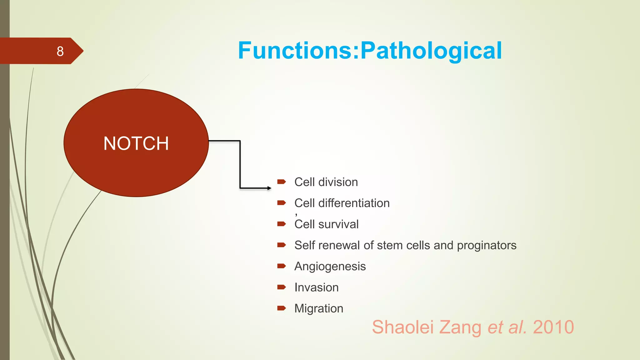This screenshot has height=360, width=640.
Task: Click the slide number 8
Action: click(x=60, y=51)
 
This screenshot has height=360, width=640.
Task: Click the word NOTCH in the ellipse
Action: click(x=136, y=143)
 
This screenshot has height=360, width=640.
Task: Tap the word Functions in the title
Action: click(x=295, y=51)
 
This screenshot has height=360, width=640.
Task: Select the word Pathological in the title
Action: click(x=431, y=51)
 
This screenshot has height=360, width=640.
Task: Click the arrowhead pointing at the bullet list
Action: click(x=269, y=188)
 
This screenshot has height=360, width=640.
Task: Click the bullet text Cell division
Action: click(x=326, y=182)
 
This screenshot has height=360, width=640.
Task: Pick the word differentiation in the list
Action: click(x=354, y=203)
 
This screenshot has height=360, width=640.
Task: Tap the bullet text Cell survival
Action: click(x=326, y=224)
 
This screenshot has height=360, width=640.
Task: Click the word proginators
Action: click(x=487, y=246)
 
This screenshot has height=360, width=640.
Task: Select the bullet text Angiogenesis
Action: click(x=330, y=267)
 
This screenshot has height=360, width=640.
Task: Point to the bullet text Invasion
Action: click(x=316, y=287)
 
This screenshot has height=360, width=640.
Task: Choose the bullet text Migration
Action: click(x=319, y=309)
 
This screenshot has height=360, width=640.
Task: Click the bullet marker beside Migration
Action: click(x=281, y=308)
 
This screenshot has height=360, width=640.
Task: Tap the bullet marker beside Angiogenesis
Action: click(x=281, y=266)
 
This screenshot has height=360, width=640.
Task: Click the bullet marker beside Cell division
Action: click(x=281, y=182)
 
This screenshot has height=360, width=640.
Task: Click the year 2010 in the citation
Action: click(x=553, y=327)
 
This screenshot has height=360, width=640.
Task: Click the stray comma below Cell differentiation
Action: click(x=296, y=215)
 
